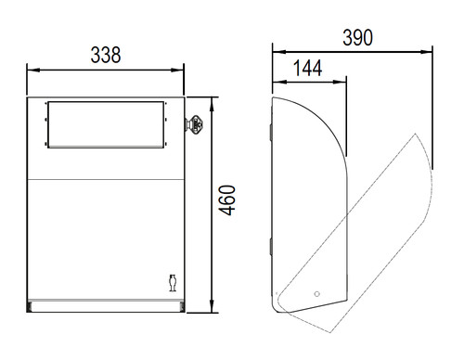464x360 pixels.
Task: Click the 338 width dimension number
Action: coord(106,55)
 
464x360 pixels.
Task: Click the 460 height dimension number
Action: coord(227,200)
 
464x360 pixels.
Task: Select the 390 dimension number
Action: coord(357,38)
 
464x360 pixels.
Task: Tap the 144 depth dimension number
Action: coord(307,69)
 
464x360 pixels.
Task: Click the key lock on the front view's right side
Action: coord(194,123)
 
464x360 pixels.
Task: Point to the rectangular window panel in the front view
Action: coord(106,124)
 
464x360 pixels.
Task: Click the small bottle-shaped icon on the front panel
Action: coord(173,283)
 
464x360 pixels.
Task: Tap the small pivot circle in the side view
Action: coord(316,294)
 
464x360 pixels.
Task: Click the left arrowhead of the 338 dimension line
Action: coord(33,71)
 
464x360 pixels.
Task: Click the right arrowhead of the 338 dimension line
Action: coord(177,71)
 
